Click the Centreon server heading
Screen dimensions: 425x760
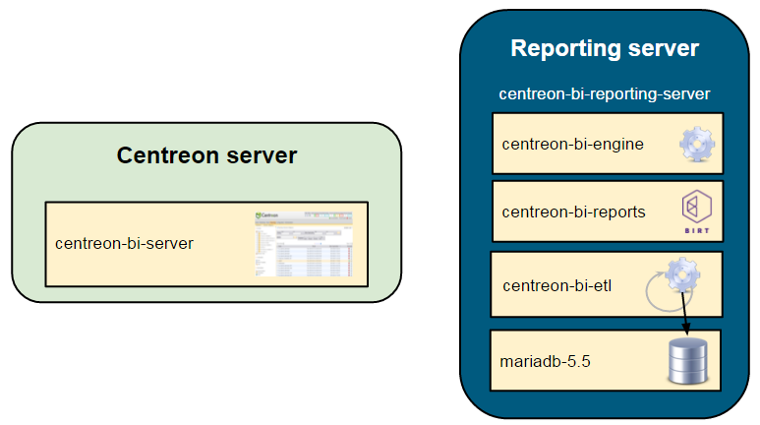click(206, 155)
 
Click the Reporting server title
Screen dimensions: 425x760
click(605, 48)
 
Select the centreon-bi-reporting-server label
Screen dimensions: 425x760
click(605, 94)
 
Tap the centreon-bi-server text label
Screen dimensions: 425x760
click(124, 243)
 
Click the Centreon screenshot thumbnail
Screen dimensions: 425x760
click(303, 243)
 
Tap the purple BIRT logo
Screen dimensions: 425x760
click(696, 207)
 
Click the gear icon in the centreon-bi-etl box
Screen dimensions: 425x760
click(681, 273)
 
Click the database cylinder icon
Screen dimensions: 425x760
click(688, 361)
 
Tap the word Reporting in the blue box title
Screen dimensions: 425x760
click(561, 48)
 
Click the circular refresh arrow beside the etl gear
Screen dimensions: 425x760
click(656, 293)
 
